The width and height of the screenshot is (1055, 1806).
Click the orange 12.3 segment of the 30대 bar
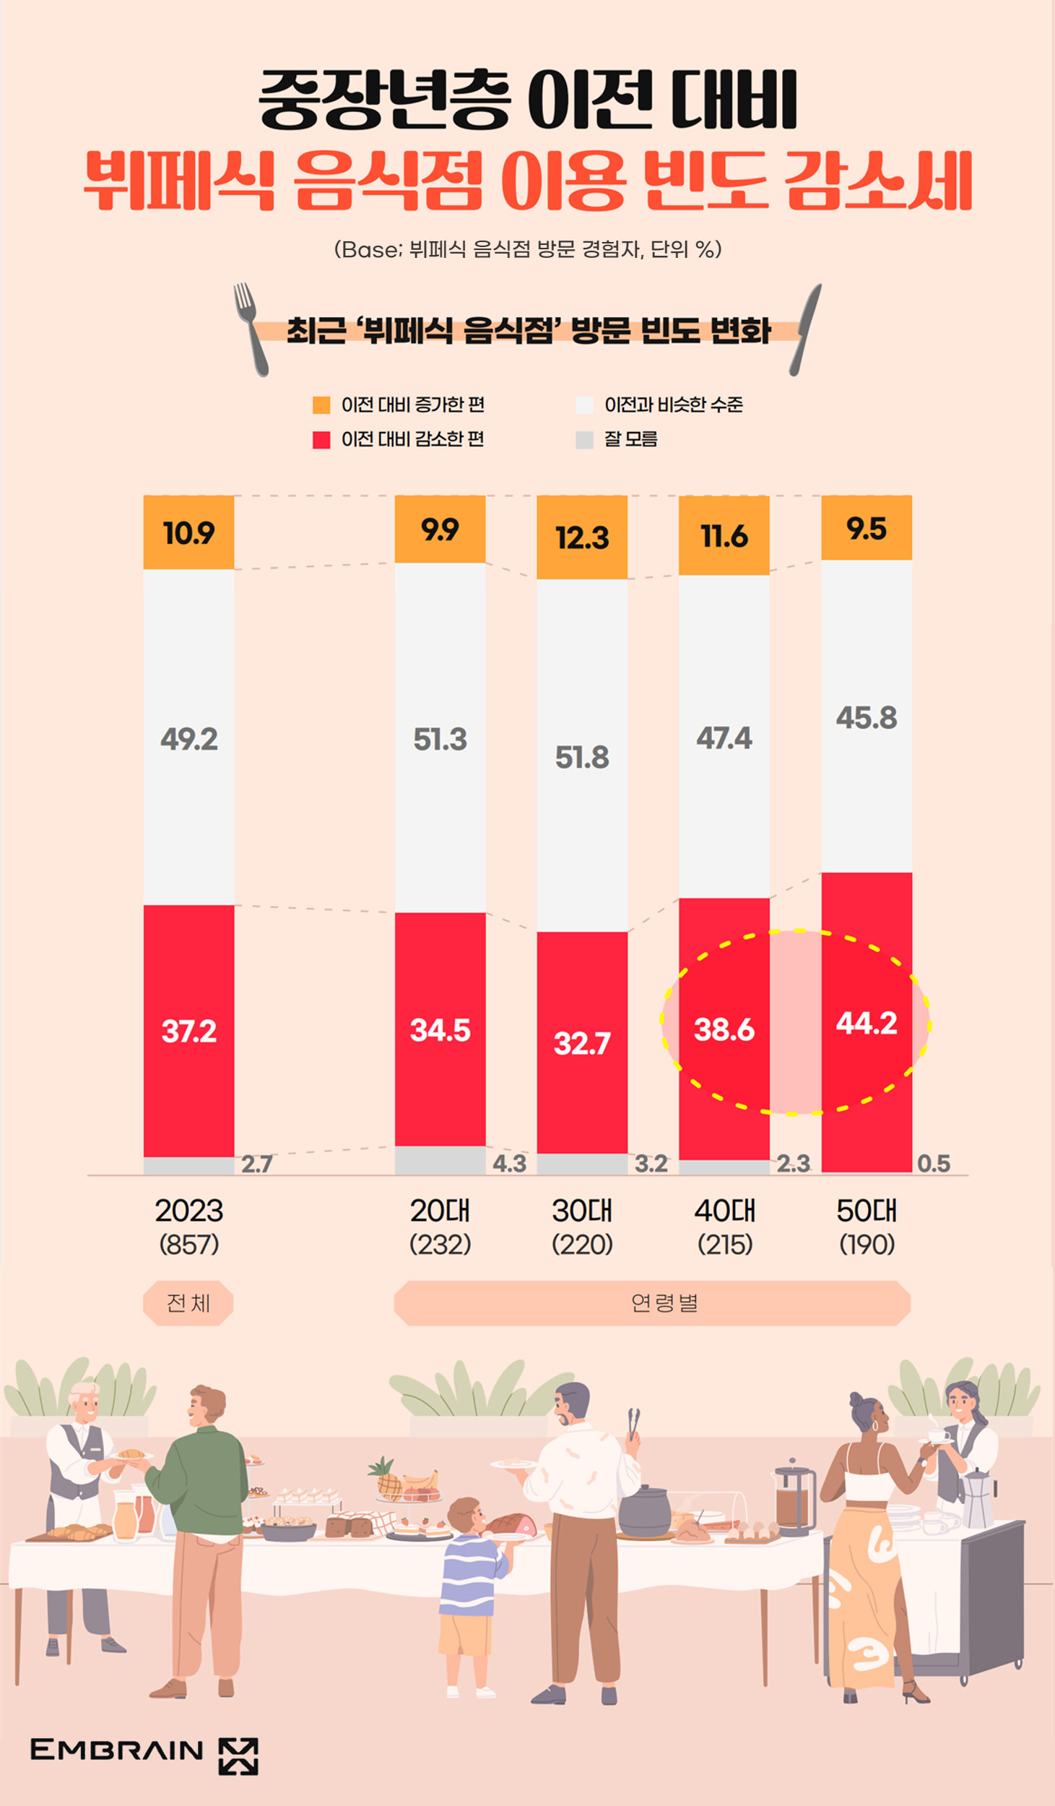(x=582, y=537)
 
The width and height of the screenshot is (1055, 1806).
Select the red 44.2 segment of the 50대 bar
(x=867, y=1023)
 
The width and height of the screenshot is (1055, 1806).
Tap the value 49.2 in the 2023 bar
(x=188, y=739)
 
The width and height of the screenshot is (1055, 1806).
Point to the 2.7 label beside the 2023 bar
(x=256, y=1164)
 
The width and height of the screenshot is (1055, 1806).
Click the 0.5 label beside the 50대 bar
(x=934, y=1163)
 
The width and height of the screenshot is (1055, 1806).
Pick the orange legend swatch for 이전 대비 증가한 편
(x=321, y=405)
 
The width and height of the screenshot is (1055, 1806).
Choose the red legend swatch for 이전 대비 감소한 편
(x=321, y=439)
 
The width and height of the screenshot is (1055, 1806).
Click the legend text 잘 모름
(x=630, y=439)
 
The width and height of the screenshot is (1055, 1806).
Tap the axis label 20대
(x=440, y=1211)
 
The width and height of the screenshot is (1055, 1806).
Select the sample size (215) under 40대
(x=725, y=1244)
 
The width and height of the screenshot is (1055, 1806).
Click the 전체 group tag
(x=188, y=1302)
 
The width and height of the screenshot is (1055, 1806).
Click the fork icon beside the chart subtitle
(x=251, y=329)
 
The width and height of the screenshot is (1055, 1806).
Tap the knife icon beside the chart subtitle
(x=806, y=329)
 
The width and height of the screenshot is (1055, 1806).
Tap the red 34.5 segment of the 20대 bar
(x=440, y=1029)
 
